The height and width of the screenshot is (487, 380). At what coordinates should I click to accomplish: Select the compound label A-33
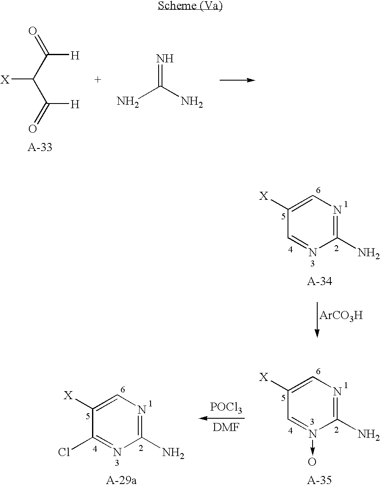[40, 147]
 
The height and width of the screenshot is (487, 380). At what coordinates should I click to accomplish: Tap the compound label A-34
[319, 281]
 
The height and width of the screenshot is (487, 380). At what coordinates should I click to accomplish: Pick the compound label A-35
[319, 481]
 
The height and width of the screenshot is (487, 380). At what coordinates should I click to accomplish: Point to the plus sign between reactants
[98, 80]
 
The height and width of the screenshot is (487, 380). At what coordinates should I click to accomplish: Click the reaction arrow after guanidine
[237, 80]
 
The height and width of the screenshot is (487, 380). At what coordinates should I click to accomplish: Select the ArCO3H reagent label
[341, 316]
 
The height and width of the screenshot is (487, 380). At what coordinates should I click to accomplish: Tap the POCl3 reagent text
[226, 408]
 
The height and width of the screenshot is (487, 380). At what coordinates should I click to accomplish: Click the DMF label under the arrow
[225, 428]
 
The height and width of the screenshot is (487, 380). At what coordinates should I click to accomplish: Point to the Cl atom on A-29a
[64, 453]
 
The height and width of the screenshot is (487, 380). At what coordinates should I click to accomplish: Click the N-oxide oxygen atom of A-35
[312, 462]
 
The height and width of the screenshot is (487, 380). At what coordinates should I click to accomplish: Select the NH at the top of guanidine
[165, 59]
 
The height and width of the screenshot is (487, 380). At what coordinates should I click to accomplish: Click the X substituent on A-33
[5, 80]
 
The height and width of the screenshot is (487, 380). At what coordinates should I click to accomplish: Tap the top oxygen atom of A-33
[33, 31]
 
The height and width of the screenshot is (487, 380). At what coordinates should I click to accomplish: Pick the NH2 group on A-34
[369, 253]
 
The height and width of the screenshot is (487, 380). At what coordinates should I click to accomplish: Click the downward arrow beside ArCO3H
[317, 319]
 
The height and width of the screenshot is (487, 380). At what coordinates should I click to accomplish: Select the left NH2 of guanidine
[128, 102]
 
